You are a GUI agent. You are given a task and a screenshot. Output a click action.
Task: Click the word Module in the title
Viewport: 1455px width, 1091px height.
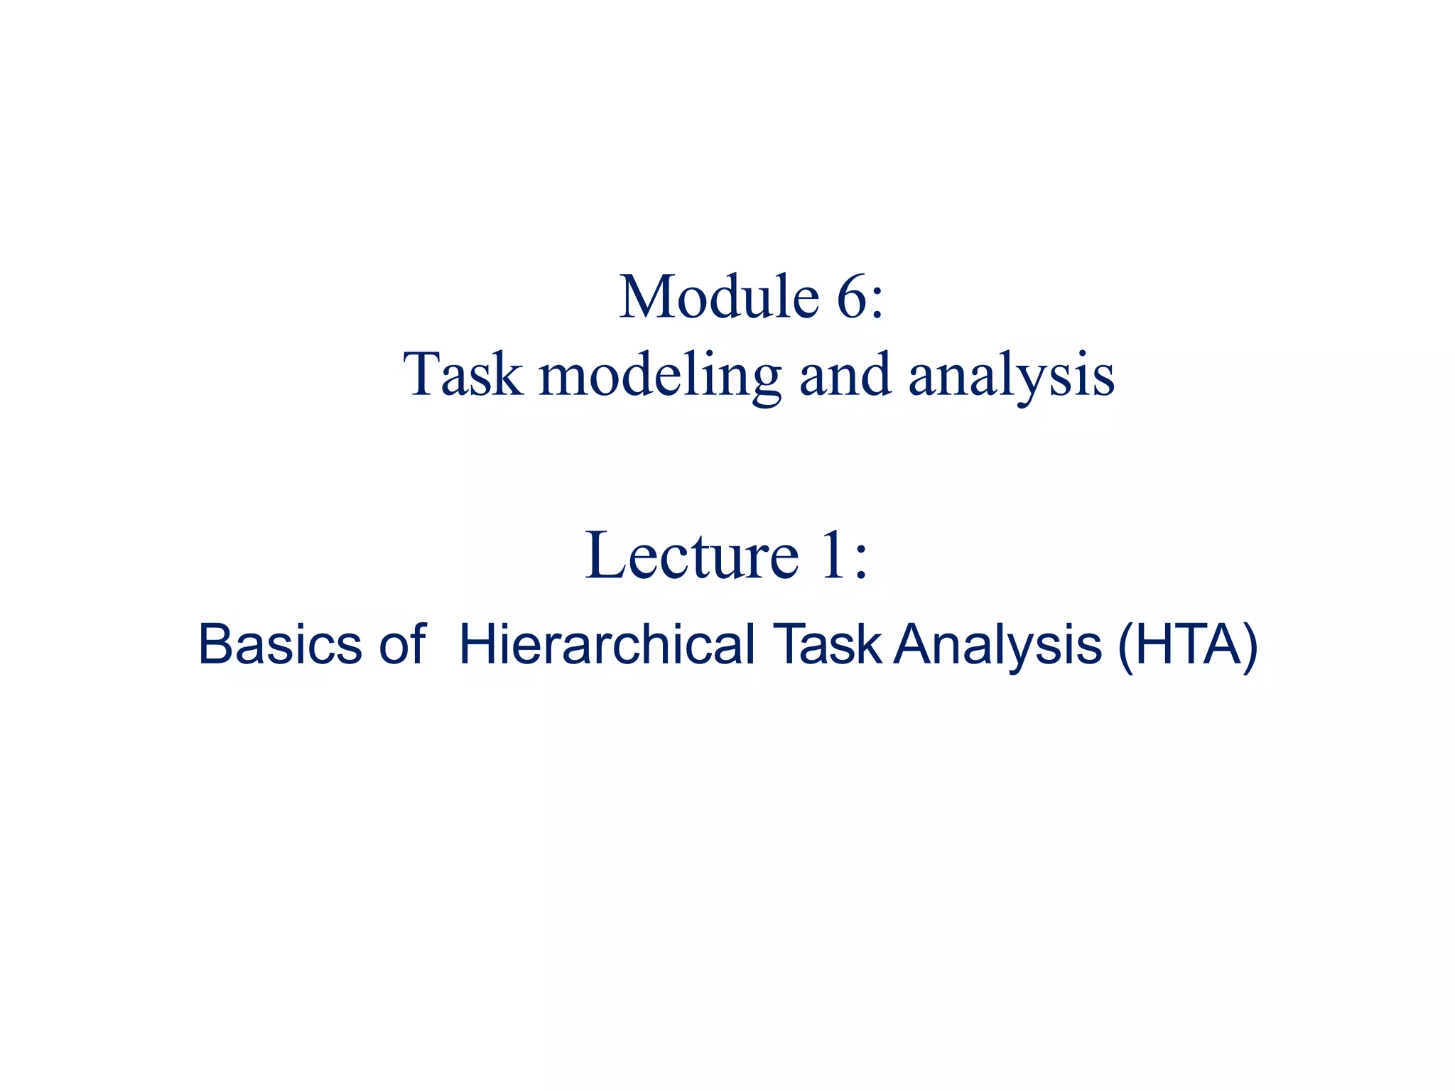(x=719, y=297)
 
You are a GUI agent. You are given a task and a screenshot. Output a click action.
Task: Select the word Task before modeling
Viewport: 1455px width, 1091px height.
(x=463, y=375)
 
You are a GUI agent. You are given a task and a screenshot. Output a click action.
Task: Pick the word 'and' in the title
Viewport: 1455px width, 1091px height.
(x=845, y=375)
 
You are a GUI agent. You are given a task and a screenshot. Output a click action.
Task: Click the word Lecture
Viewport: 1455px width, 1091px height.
(x=692, y=555)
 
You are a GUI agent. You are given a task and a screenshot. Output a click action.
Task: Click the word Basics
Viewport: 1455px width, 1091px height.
(x=280, y=645)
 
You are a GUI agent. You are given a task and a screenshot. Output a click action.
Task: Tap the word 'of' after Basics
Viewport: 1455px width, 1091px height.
(x=402, y=645)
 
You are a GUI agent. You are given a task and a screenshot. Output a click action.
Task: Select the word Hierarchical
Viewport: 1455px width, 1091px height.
(x=607, y=645)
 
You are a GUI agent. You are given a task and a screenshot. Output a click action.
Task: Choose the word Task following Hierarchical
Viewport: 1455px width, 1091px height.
(x=828, y=645)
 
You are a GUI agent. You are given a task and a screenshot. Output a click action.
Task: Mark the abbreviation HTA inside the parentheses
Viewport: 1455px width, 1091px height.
(x=1187, y=645)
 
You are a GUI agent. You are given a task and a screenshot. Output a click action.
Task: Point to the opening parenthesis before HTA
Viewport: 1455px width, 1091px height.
(x=1127, y=646)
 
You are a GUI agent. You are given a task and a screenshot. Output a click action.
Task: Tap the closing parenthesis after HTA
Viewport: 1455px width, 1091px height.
(x=1249, y=646)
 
